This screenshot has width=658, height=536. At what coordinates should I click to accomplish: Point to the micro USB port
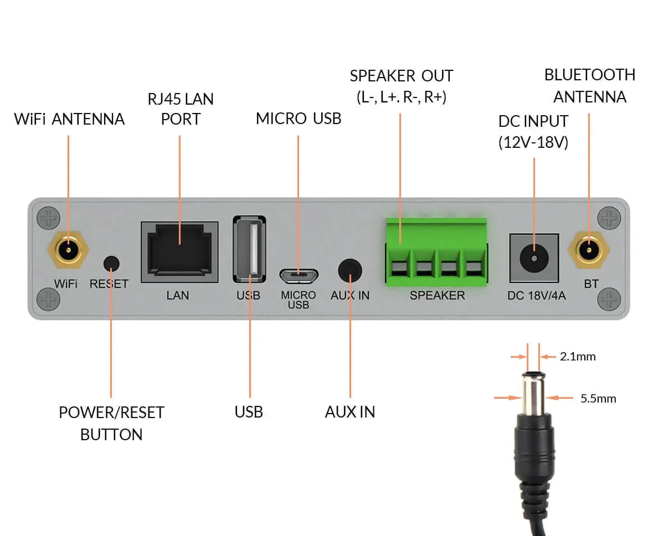click(299, 273)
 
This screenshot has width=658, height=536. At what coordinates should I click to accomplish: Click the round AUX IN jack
click(350, 271)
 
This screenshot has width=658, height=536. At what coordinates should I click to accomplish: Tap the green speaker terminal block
click(437, 252)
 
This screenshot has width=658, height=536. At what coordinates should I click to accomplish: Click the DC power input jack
click(533, 258)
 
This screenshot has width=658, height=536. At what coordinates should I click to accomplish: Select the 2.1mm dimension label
click(578, 357)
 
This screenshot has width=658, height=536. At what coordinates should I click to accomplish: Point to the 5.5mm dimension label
click(598, 399)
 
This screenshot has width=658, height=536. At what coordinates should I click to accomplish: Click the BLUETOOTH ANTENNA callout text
click(589, 86)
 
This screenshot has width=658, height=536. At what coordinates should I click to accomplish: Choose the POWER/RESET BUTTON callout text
click(111, 424)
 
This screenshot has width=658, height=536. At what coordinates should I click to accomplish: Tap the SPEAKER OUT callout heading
click(402, 76)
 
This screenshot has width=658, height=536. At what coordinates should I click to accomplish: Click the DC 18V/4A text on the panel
click(536, 296)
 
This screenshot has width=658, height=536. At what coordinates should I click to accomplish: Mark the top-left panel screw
click(48, 218)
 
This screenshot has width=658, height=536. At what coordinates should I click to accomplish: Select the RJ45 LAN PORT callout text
click(181, 109)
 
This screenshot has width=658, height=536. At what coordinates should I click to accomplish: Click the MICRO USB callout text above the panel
click(299, 118)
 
